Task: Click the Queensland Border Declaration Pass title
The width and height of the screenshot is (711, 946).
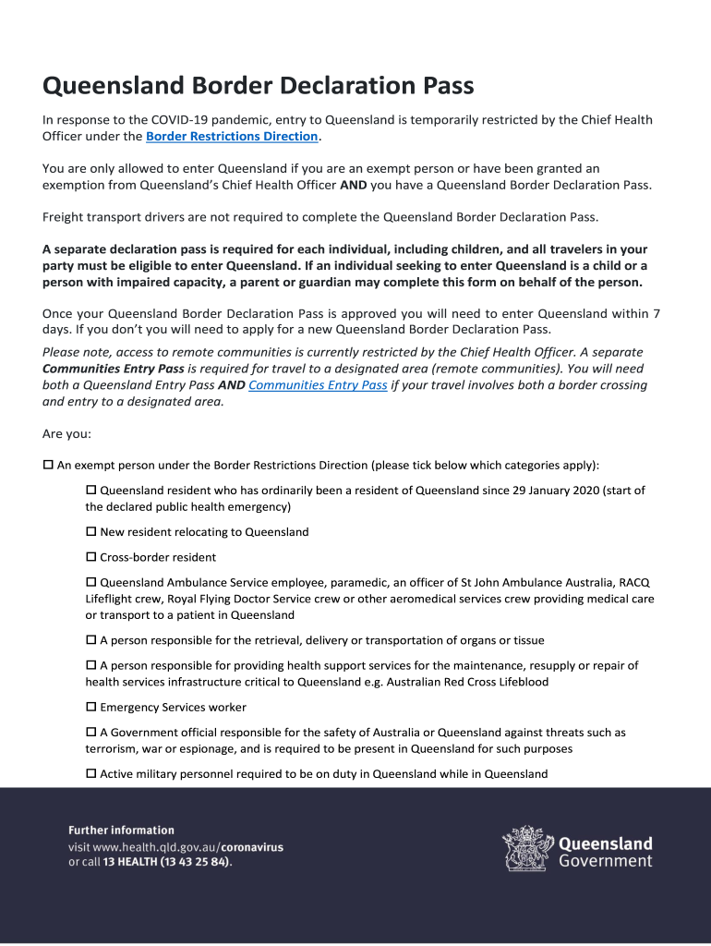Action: pos(258,87)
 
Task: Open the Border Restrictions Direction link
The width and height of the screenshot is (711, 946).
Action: pos(232,137)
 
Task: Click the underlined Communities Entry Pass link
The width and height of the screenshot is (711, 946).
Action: pos(318,385)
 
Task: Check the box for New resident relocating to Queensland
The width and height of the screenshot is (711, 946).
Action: pos(91,532)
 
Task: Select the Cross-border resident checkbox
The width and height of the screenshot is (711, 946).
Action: pos(91,557)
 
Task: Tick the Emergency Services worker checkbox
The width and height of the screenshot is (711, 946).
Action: pos(91,707)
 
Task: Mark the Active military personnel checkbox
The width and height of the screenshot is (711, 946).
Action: pos(91,773)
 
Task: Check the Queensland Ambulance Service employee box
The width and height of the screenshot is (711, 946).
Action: pos(91,582)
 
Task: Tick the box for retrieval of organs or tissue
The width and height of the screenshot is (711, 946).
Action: pos(91,640)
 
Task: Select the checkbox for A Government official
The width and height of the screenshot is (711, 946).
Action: pos(91,732)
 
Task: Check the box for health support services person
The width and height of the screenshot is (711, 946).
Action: pos(91,665)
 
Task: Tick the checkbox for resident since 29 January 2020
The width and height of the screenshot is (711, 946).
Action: pos(91,491)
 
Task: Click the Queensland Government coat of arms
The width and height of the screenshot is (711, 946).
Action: pos(527,848)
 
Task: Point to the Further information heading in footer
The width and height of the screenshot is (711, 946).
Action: pos(121,831)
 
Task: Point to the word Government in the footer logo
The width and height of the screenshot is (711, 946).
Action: pos(606,861)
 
